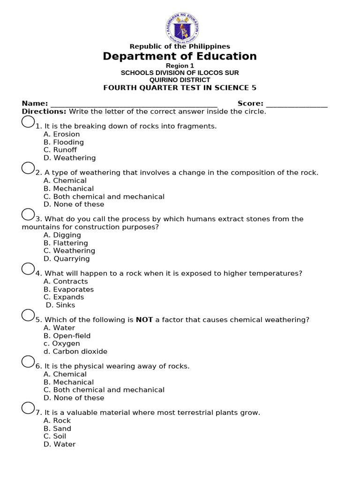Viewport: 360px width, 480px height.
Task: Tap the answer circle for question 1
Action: coord(28,122)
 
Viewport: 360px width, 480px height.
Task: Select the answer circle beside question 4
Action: coord(28,269)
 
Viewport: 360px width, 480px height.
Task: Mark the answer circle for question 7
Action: coord(28,408)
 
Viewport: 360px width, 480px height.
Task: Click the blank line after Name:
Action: coord(134,104)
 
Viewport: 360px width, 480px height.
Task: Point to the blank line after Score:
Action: coord(296,104)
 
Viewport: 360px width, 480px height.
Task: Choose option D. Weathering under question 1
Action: coord(69,158)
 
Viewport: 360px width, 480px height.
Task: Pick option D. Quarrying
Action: coord(67,259)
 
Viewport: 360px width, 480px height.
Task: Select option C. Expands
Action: coord(64,297)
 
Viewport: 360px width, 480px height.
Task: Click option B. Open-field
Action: coord(67,336)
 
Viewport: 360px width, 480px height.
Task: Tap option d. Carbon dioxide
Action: coord(75,352)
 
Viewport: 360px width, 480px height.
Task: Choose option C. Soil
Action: coord(55,436)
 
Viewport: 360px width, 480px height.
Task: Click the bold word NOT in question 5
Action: coord(144,320)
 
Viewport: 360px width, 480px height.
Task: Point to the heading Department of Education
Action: coord(180,56)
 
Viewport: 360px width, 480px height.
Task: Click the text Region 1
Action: coord(180,66)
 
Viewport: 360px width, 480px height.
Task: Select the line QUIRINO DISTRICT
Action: coord(180,80)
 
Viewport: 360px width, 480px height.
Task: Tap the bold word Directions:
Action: coord(44,112)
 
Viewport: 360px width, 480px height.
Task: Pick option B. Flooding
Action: coord(64,142)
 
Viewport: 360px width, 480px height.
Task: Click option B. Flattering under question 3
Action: coord(66,243)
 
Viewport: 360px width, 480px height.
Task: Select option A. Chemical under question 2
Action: coord(65,181)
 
